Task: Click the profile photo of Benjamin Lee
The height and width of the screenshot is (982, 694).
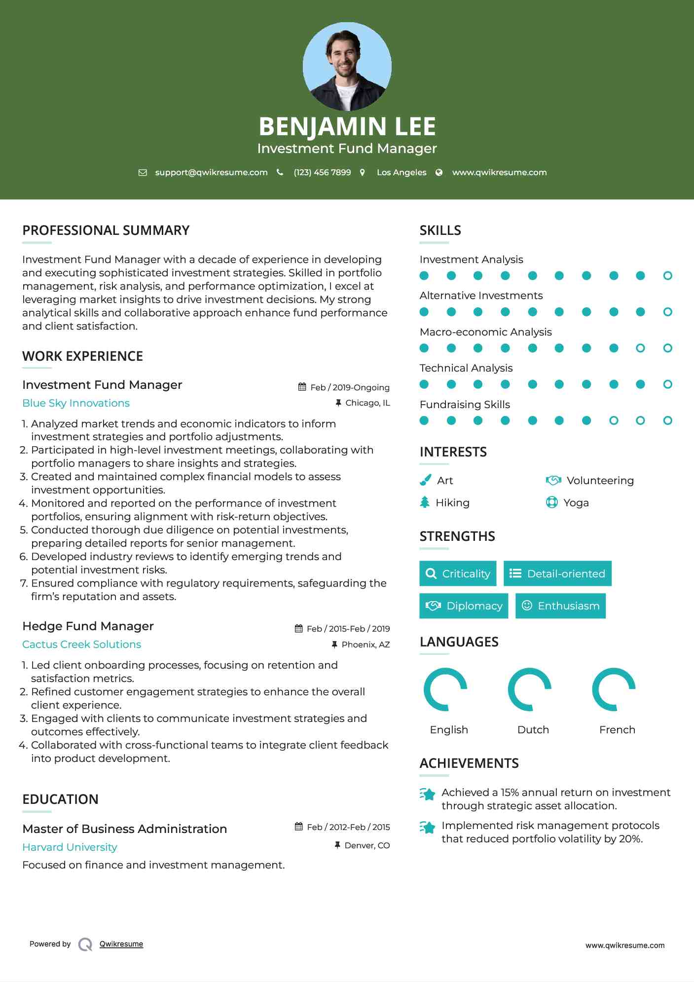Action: pyautogui.click(x=347, y=66)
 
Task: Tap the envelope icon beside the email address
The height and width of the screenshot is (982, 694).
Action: pyautogui.click(x=143, y=173)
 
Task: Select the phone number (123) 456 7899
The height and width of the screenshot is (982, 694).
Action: pyautogui.click(x=322, y=173)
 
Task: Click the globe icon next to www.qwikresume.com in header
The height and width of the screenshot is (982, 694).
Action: pyautogui.click(x=439, y=173)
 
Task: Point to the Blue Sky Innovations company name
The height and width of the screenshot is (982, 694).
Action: pyautogui.click(x=76, y=403)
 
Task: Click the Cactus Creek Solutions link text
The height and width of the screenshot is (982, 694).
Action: pyautogui.click(x=82, y=644)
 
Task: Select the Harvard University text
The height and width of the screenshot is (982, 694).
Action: pyautogui.click(x=70, y=847)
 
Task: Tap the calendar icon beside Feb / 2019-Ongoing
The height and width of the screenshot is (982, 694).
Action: pyautogui.click(x=302, y=387)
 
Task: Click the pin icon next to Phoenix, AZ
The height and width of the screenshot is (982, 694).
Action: pyautogui.click(x=334, y=644)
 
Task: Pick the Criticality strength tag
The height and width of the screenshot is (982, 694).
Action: pyautogui.click(x=458, y=573)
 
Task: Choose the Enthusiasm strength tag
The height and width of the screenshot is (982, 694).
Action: pyautogui.click(x=560, y=606)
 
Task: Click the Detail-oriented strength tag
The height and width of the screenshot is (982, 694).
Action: pyautogui.click(x=557, y=573)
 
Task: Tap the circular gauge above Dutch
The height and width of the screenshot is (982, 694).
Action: pyautogui.click(x=529, y=689)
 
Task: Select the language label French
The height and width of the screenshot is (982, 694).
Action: pyautogui.click(x=617, y=730)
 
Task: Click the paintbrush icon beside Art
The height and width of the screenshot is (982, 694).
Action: pyautogui.click(x=425, y=480)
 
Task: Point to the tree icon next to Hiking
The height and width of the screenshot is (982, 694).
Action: pyautogui.click(x=425, y=502)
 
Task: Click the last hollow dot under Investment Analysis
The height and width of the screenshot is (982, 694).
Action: pyautogui.click(x=667, y=276)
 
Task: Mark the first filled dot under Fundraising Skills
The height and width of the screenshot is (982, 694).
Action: pyautogui.click(x=424, y=420)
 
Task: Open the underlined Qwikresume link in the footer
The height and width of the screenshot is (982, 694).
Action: pyautogui.click(x=121, y=944)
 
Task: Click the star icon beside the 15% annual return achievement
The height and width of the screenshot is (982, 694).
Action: pyautogui.click(x=428, y=794)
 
